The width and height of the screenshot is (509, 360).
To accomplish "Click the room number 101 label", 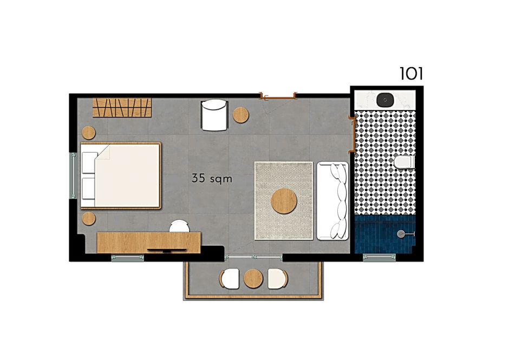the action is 411,74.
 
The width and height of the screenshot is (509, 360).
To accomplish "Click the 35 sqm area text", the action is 212,178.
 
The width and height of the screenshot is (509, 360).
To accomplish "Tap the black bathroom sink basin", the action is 385,100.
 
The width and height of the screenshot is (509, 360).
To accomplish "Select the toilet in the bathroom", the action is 404,162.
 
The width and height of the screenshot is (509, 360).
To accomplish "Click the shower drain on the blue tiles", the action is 401,234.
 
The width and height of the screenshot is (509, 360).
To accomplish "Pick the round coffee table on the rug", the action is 284,201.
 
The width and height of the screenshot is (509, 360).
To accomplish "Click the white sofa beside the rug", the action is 332,201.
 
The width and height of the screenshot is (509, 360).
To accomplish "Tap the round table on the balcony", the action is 253,278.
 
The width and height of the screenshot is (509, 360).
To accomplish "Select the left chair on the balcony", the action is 230,278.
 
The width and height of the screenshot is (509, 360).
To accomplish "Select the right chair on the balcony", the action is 278,278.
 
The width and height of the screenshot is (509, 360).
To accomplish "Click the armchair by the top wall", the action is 214,115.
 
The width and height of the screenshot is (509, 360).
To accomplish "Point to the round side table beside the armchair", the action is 241,115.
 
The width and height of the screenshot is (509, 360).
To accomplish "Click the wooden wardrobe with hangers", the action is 122,107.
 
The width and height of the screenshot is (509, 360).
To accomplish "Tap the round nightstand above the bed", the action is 89,133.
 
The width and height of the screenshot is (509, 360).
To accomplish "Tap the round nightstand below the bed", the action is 89,219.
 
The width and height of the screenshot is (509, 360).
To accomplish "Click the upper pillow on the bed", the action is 89,162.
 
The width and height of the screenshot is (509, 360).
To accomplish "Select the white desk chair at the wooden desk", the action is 179,226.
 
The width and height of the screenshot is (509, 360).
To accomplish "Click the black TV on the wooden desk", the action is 167,250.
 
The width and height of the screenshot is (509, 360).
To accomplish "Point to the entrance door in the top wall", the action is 278,96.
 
